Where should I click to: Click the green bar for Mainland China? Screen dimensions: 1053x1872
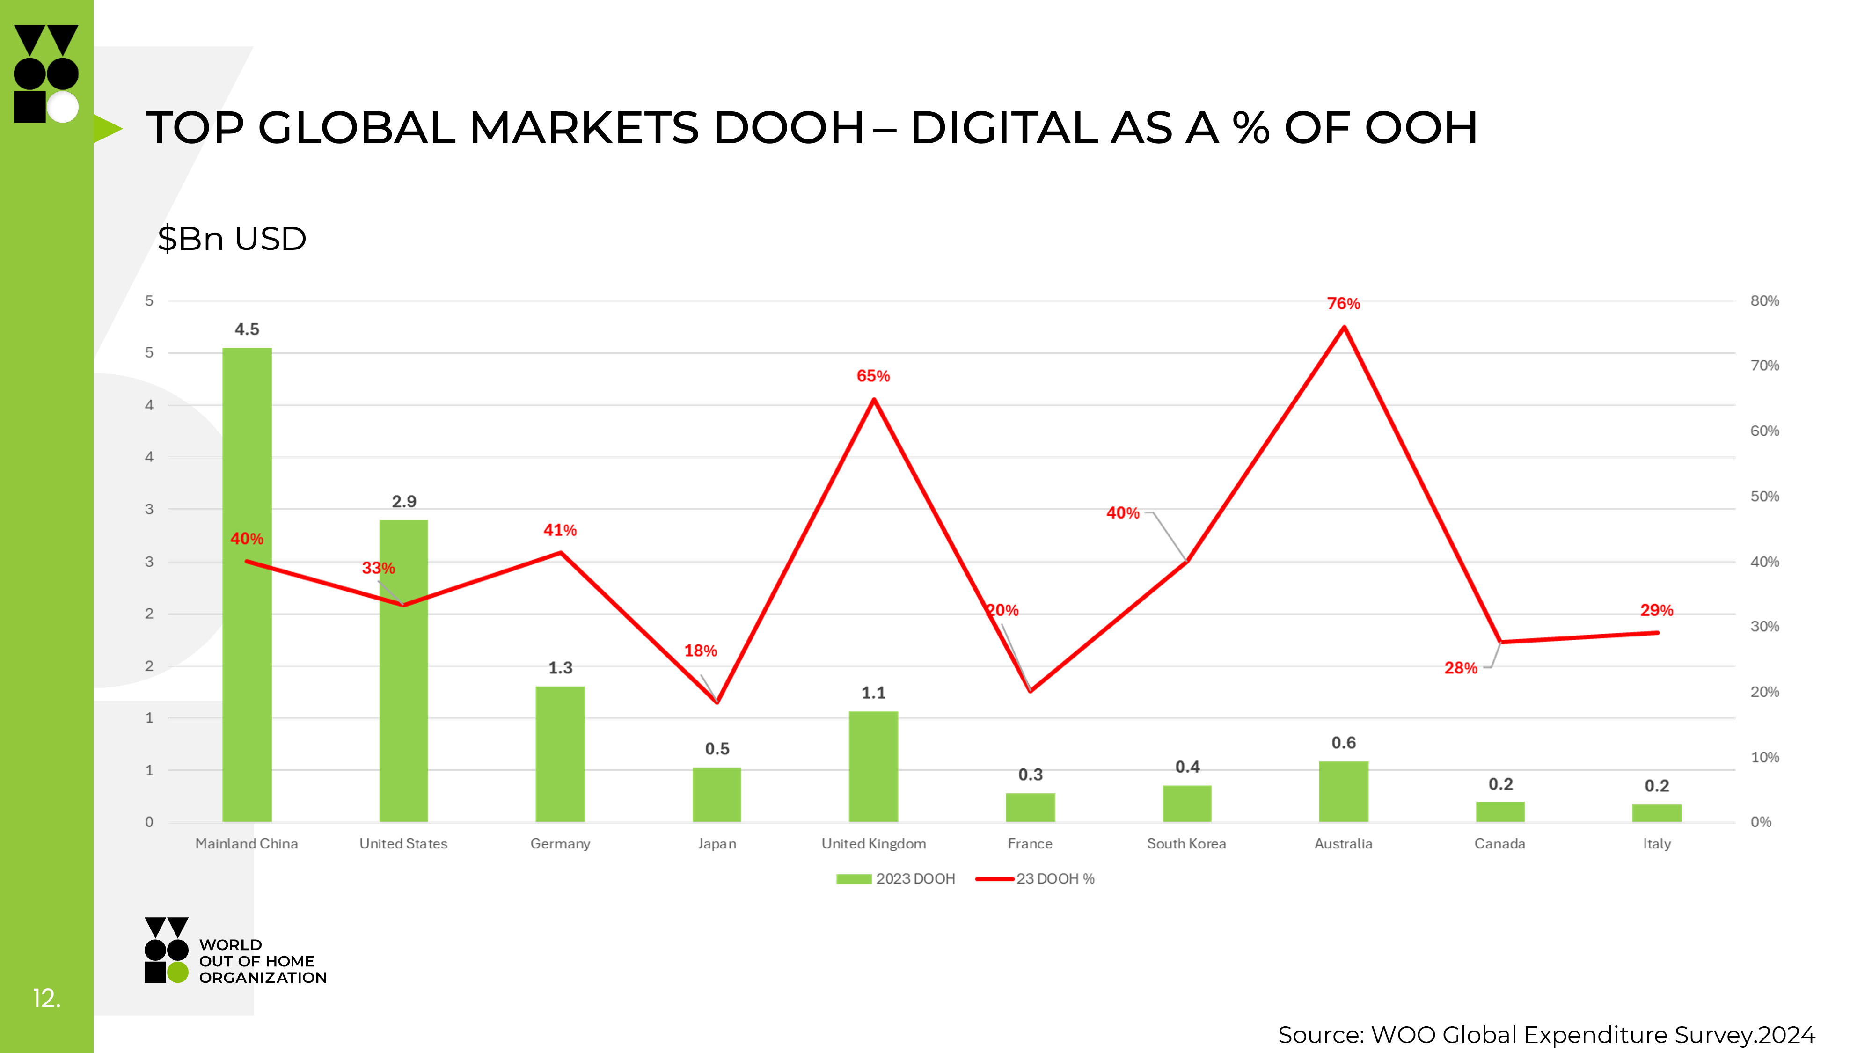(x=247, y=654)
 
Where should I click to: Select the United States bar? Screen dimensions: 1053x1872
(x=403, y=712)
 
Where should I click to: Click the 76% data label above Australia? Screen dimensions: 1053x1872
(x=1343, y=304)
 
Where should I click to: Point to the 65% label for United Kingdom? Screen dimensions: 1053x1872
(x=873, y=376)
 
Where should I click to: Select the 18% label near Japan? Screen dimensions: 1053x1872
(x=701, y=651)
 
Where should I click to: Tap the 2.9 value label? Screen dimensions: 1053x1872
(x=404, y=501)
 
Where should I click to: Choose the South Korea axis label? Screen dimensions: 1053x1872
(x=1186, y=844)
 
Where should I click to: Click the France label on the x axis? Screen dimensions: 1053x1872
(x=1030, y=844)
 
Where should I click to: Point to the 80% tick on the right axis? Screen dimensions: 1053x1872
(x=1764, y=301)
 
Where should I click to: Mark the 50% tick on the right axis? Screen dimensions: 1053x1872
(x=1764, y=497)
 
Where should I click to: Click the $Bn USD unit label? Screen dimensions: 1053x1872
(x=232, y=239)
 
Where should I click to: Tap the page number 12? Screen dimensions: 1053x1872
(x=46, y=999)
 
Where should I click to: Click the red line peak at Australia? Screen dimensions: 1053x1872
(x=1344, y=328)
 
